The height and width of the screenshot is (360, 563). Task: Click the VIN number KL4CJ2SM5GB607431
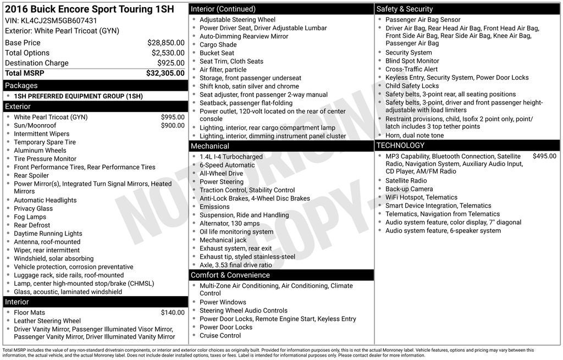point(59,21)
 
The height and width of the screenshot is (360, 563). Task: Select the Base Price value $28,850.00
point(165,42)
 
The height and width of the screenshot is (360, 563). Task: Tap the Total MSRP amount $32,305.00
point(165,73)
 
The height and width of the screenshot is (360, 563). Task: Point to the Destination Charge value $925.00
point(170,63)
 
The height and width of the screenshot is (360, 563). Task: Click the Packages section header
point(21,85)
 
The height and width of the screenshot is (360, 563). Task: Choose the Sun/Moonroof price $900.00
point(173,125)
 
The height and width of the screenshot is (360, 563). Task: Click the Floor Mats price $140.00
point(173,313)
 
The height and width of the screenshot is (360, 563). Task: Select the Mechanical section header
point(210,146)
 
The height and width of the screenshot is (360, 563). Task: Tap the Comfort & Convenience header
point(230,275)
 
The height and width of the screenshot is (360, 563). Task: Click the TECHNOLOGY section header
point(400,145)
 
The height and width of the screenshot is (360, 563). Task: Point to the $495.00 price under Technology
point(544,156)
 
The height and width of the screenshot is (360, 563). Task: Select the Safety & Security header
point(405,9)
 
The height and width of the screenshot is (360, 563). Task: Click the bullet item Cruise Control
point(220,335)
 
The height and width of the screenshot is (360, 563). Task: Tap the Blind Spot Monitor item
point(412,61)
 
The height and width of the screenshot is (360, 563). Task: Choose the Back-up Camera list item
point(409,189)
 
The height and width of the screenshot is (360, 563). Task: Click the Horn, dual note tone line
point(415,135)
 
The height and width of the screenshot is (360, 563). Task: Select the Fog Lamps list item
point(30,217)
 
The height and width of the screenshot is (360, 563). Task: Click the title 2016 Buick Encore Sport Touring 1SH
point(78,9)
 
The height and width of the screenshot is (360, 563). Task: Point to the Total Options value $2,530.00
point(168,53)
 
